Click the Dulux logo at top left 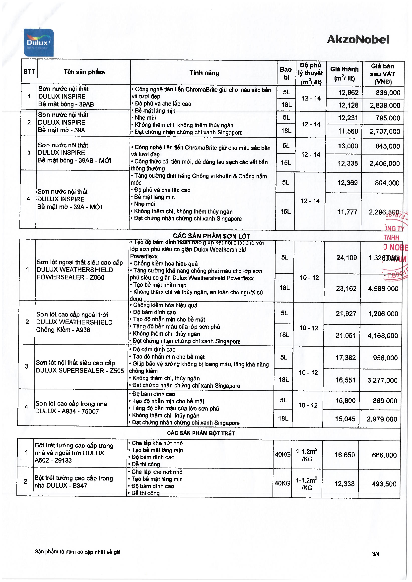click(x=39, y=43)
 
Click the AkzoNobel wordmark click(x=358, y=40)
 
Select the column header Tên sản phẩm click(x=84, y=72)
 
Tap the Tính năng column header click(x=204, y=73)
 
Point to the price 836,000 click(x=388, y=93)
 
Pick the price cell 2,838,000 click(x=385, y=106)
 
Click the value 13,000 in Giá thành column click(x=348, y=146)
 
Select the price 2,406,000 click(x=384, y=163)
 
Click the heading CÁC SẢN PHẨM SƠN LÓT click(x=211, y=236)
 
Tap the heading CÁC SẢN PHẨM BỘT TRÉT click(x=201, y=433)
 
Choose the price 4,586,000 click(x=383, y=288)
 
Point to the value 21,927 click(x=346, y=314)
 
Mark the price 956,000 click(x=385, y=358)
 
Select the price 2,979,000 click(x=382, y=419)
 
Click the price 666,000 click(x=384, y=455)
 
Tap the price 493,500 click(x=384, y=484)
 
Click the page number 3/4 click(x=376, y=554)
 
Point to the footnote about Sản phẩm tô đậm click(x=78, y=552)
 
